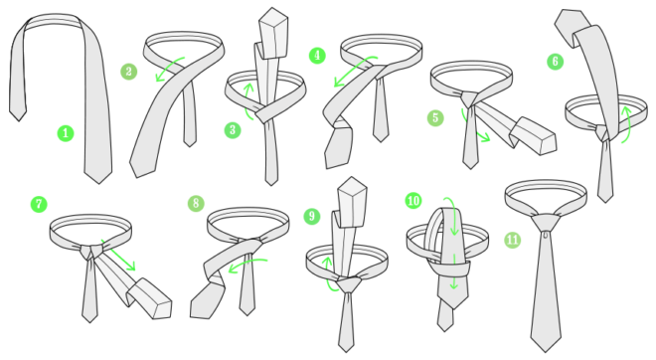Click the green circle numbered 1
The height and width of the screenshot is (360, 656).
(x=66, y=133)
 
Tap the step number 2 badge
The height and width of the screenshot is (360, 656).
(x=129, y=72)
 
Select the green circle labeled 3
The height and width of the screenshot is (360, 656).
(x=233, y=130)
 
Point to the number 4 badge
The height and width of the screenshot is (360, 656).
(x=317, y=56)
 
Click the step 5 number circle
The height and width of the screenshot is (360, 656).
(x=435, y=118)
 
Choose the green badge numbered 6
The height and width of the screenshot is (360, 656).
(x=556, y=62)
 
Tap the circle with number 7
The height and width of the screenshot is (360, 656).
(x=39, y=204)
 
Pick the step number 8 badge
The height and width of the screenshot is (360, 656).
(x=196, y=204)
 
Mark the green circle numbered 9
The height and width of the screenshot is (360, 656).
(x=312, y=216)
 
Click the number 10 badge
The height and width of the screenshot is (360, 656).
(x=413, y=201)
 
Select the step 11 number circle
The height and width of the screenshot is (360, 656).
(x=513, y=240)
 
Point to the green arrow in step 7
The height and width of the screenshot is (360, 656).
(x=119, y=255)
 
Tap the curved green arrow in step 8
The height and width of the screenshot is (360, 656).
(x=246, y=263)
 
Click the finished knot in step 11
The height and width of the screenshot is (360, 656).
(x=546, y=223)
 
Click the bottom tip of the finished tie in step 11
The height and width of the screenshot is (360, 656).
(x=545, y=351)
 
